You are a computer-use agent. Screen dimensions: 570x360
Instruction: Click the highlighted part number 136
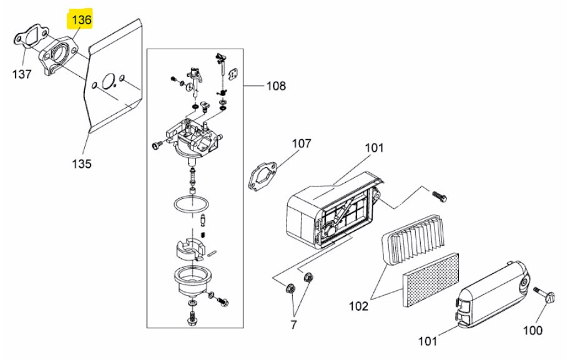pyautogui.click(x=81, y=19)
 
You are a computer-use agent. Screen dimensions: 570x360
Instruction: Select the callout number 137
pyautogui.click(x=22, y=74)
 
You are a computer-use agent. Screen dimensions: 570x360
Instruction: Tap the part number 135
pyautogui.click(x=81, y=163)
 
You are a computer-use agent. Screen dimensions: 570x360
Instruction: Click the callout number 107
pyautogui.click(x=302, y=144)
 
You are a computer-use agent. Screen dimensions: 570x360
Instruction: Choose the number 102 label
pyautogui.click(x=358, y=306)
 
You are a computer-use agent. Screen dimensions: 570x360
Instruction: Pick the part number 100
pyautogui.click(x=533, y=330)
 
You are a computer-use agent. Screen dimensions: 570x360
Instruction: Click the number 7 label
pyautogui.click(x=293, y=324)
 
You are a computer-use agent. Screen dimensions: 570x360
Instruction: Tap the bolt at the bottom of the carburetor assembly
pyautogui.click(x=191, y=317)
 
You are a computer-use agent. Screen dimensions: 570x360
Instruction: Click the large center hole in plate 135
pyautogui.click(x=109, y=81)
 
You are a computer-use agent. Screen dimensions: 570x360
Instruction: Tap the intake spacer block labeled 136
pyautogui.click(x=59, y=56)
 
